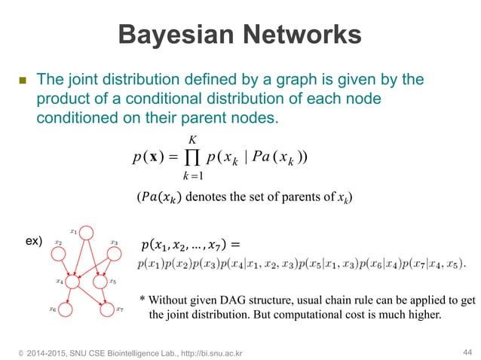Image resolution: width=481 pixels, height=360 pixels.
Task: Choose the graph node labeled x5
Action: (100, 282)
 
